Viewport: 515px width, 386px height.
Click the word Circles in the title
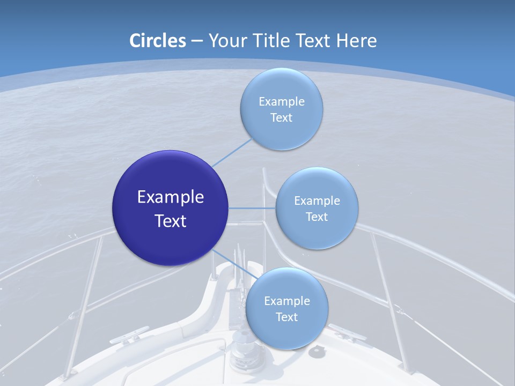pos(157,41)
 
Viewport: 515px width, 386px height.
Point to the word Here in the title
pos(357,41)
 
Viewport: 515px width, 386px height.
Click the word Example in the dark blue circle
pos(171,197)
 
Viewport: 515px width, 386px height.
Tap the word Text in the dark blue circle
pos(171,221)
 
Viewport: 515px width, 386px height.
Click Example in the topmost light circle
pos(282,102)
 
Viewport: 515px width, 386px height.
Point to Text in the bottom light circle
pos(287,317)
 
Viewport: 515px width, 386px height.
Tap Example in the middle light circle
pos(317,201)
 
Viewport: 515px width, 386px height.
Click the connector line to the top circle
pos(232,153)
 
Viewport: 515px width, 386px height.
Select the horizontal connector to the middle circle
pos(252,208)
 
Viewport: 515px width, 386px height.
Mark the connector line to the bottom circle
pos(235,264)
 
